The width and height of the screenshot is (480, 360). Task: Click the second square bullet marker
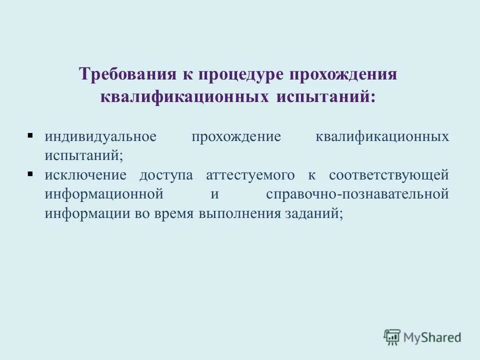(30, 174)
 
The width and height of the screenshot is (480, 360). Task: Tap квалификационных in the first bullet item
(382, 136)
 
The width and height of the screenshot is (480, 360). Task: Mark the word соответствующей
(388, 175)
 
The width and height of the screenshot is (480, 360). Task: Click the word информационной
(104, 194)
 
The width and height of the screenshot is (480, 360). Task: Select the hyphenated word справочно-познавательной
(357, 194)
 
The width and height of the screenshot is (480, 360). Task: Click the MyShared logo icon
(392, 337)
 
